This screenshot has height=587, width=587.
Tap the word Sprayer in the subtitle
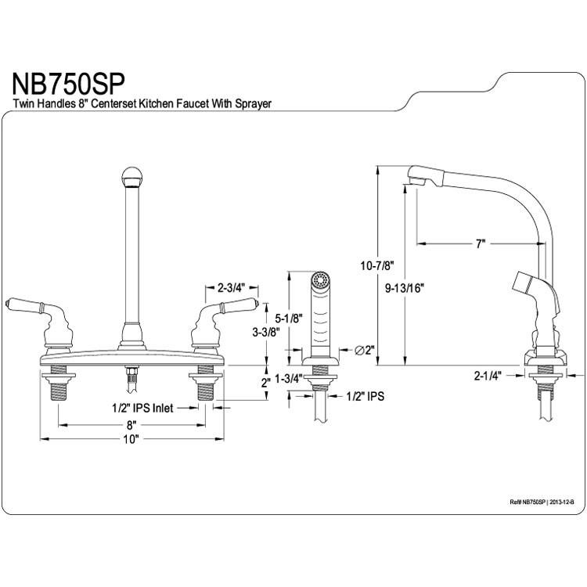(x=254, y=103)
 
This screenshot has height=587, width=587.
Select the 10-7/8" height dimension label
(x=378, y=266)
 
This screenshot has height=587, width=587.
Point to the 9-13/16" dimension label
(x=405, y=288)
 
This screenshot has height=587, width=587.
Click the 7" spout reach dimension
(x=481, y=244)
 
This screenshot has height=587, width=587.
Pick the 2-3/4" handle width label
(x=231, y=287)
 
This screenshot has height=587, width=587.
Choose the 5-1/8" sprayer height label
(x=289, y=319)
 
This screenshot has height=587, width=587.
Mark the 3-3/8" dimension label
(x=266, y=332)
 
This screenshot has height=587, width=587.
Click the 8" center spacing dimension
(x=130, y=425)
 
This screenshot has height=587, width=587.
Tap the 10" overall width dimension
(x=131, y=439)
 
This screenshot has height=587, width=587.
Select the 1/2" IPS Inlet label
(x=142, y=408)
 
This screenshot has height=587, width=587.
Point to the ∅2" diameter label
(x=365, y=351)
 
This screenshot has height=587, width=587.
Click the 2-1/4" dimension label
(x=488, y=376)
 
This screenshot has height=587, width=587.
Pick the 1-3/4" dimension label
(x=289, y=379)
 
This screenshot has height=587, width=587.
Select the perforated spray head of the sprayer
(x=320, y=279)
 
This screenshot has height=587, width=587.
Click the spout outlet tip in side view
(x=417, y=182)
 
